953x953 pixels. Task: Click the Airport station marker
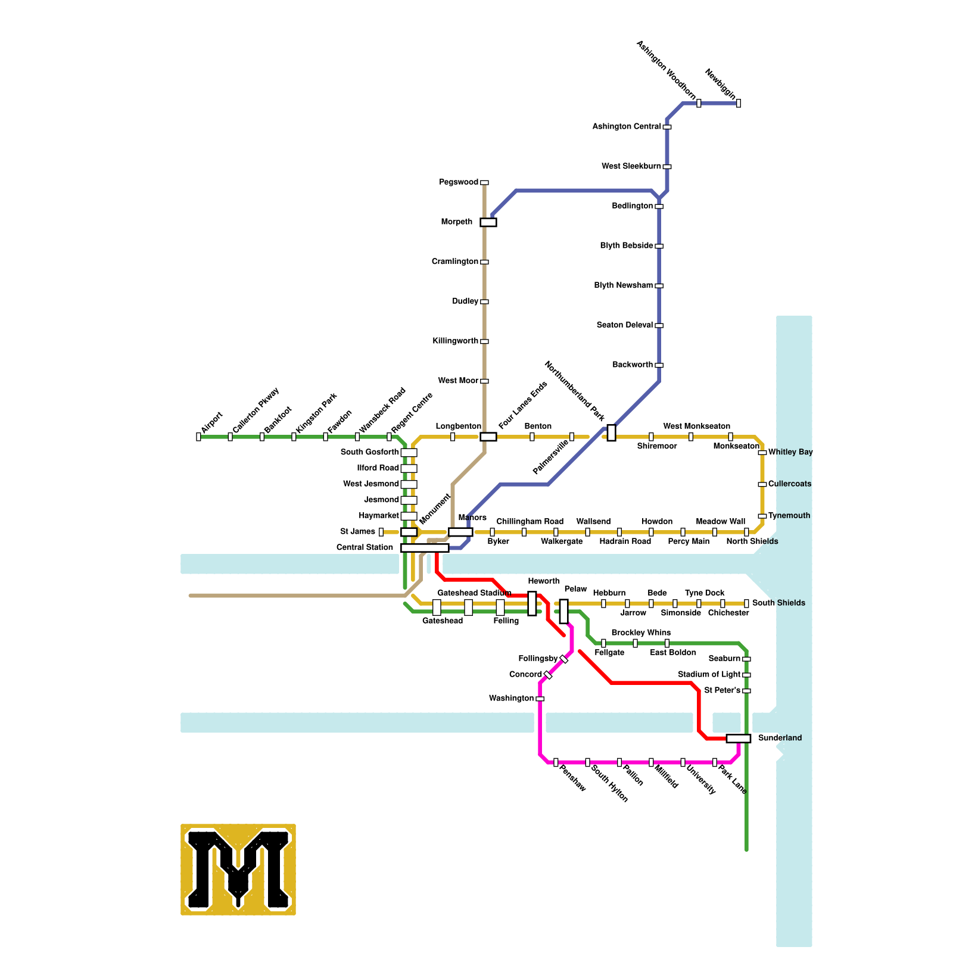tap(198, 437)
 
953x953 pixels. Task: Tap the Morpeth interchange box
tap(488, 222)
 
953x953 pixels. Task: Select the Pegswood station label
tap(459, 182)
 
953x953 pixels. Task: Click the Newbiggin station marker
tap(739, 103)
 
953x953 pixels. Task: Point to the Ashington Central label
tap(627, 127)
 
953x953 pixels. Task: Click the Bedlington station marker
tap(659, 206)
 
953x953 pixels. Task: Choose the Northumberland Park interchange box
tap(611, 433)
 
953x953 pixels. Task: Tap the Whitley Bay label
tap(790, 452)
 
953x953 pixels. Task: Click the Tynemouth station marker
tap(762, 516)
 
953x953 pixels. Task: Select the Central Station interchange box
tap(425, 548)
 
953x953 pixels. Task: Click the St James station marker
tap(381, 532)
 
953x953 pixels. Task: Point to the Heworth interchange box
tap(532, 603)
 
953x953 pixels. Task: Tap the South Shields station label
tap(778, 603)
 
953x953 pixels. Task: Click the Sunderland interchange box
tap(739, 739)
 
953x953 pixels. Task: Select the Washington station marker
tap(540, 699)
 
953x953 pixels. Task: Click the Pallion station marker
tap(619, 762)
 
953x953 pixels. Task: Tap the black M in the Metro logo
tap(238, 870)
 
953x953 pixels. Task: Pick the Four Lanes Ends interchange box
tap(488, 437)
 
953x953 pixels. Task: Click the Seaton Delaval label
tap(625, 325)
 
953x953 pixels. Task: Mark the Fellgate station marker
tap(603, 643)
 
